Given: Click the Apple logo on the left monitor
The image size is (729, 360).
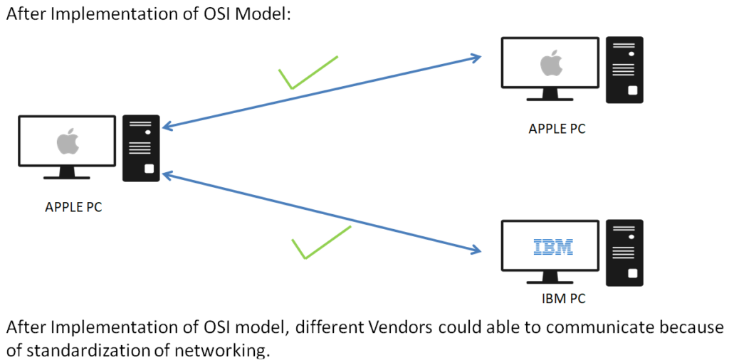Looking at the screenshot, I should (67, 142).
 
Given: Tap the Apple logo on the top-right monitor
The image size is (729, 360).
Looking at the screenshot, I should (550, 63).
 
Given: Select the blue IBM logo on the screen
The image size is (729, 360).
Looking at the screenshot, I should (553, 247).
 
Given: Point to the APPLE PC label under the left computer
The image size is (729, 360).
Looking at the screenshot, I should (74, 207).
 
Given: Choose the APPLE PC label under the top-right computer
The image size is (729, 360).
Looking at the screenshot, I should (557, 129).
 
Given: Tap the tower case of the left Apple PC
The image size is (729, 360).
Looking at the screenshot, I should (142, 148).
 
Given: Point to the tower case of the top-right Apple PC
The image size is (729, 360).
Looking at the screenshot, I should (624, 70).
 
